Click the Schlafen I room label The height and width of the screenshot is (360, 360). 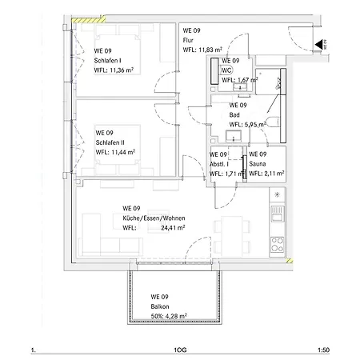point(107,61)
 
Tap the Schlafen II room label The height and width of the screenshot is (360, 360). point(110,142)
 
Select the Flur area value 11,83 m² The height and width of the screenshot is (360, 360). point(210,50)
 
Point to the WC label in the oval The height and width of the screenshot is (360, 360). point(226,70)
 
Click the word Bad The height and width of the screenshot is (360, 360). point(234,115)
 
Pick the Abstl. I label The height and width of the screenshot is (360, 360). point(219,164)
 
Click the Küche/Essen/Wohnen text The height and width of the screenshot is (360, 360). point(154,218)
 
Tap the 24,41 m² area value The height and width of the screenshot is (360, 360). point(173,228)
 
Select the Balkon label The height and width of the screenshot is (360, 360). point(160,306)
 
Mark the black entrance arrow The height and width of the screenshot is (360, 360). point(318,44)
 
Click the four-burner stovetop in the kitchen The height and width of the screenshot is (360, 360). point(277,245)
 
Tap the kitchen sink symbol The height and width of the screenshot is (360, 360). point(278,214)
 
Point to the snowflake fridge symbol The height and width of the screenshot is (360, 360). point(278,194)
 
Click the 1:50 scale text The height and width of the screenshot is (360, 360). point(323,350)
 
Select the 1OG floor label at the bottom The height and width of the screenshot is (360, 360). point(180,350)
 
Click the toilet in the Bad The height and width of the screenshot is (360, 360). point(273,122)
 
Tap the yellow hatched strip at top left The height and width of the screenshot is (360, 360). point(88,20)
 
